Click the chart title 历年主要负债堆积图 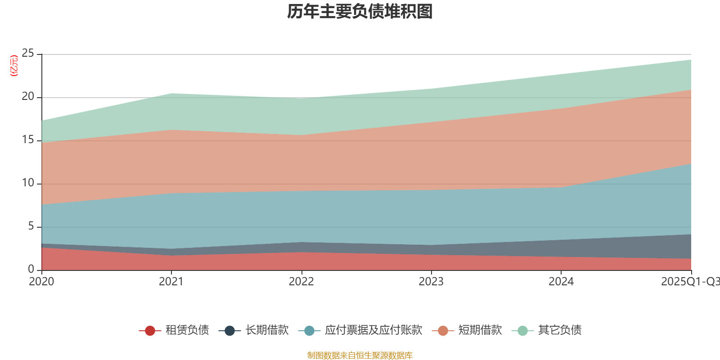(x=360, y=12)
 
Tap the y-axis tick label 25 (x=28, y=54)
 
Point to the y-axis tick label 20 (x=28, y=97)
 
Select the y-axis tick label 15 (x=28, y=140)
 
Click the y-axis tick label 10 (x=28, y=183)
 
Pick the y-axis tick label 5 (x=31, y=226)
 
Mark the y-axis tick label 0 (x=31, y=269)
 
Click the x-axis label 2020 (x=41, y=282)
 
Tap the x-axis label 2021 (x=171, y=282)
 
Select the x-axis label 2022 (x=301, y=282)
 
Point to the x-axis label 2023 (x=431, y=282)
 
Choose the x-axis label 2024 (x=561, y=282)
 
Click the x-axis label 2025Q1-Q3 (x=690, y=282)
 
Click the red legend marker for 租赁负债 (x=150, y=331)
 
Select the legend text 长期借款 (x=267, y=330)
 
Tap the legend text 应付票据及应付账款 (x=373, y=330)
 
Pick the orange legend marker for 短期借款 (x=443, y=331)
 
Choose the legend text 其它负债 (x=560, y=330)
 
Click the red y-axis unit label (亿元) (x=14, y=66)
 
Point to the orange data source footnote (x=360, y=355)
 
